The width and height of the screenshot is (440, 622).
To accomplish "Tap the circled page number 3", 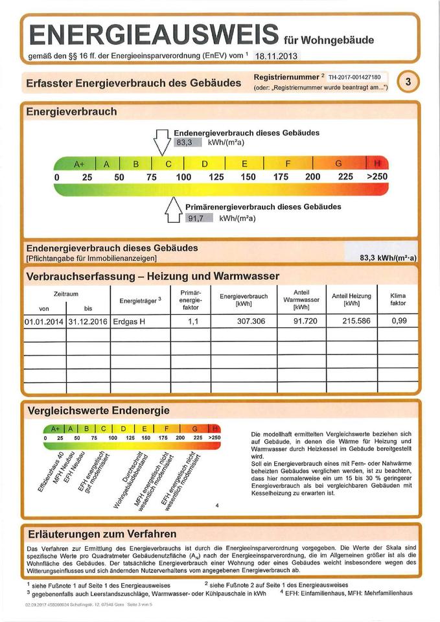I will [x=407, y=82].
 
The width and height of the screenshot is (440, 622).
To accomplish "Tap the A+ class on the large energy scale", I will [x=80, y=164].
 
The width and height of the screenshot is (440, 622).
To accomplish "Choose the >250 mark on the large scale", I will [x=377, y=177].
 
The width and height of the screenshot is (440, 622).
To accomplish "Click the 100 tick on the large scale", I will [x=183, y=177].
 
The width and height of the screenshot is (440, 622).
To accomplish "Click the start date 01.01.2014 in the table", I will [x=44, y=321].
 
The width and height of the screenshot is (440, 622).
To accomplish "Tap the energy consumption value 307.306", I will [x=243, y=321].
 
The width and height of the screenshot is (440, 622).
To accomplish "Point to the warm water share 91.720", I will [x=301, y=321].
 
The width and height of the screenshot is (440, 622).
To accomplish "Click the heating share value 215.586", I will [x=351, y=321].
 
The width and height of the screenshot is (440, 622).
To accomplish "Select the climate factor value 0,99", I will [x=398, y=321].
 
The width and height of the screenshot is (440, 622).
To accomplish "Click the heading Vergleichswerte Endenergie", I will [x=98, y=411].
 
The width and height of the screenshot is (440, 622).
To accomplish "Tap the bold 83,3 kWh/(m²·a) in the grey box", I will [x=388, y=257].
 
